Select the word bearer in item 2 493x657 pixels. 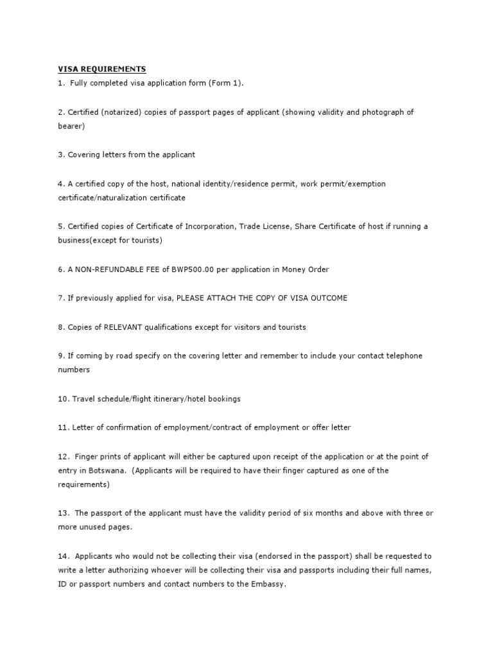(71, 126)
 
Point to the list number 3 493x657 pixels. (60, 155)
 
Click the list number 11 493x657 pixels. (62, 427)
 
